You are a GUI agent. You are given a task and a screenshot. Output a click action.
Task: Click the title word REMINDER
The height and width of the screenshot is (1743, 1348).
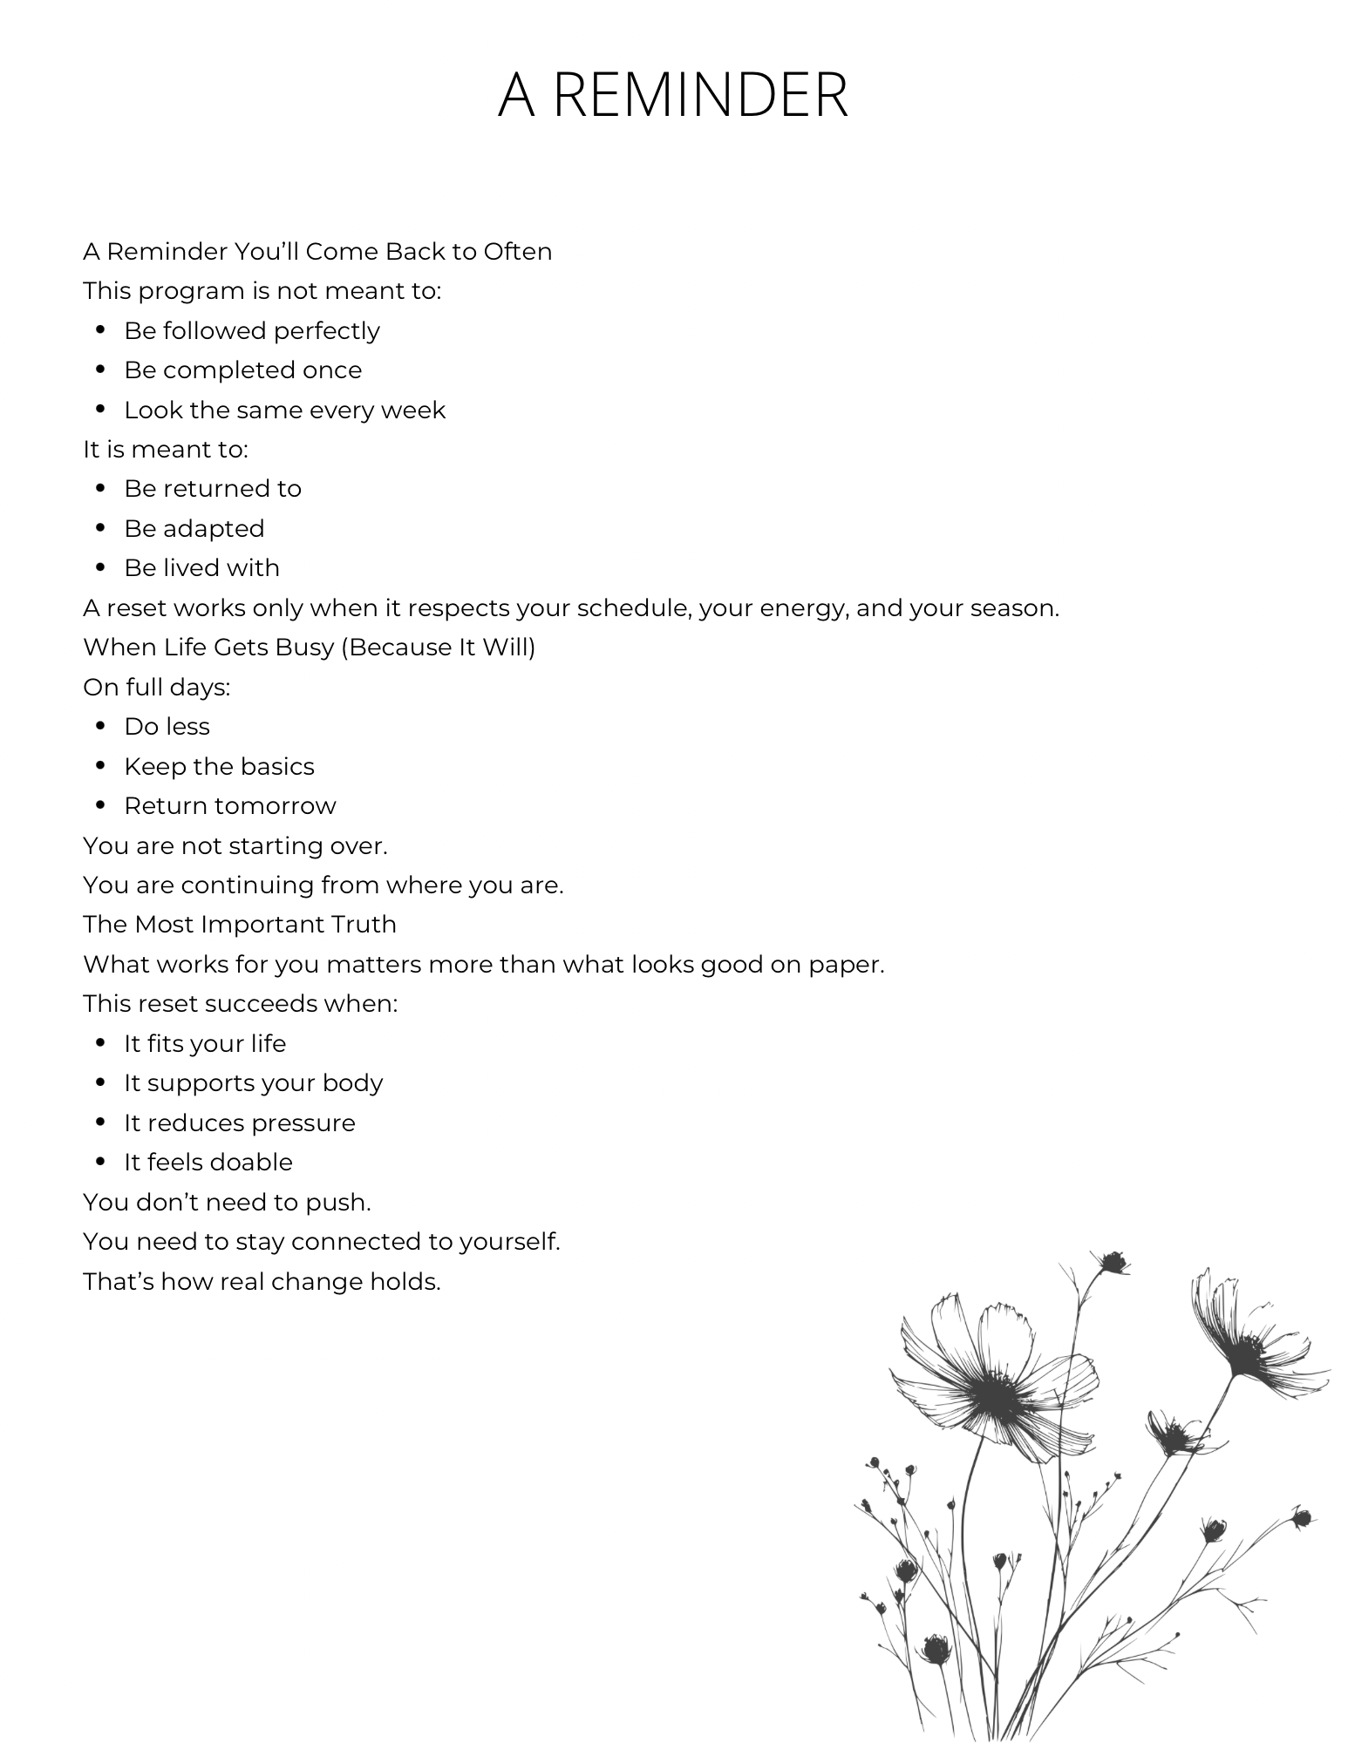point(700,95)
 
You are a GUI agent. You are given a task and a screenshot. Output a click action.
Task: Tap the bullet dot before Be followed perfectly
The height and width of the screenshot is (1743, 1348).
point(101,330)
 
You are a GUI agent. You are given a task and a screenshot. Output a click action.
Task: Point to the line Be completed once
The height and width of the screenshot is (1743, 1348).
point(242,370)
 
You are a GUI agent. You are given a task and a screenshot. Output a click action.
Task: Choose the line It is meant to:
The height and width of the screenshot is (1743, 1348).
point(166,450)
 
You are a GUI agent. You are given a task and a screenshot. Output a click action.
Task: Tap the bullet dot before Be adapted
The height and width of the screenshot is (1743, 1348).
point(101,528)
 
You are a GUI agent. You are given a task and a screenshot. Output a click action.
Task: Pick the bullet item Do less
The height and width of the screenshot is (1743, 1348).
point(167,727)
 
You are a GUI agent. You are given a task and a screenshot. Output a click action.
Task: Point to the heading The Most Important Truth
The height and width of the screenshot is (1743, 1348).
point(240,925)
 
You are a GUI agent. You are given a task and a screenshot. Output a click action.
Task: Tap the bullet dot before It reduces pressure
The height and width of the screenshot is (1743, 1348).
point(101,1122)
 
